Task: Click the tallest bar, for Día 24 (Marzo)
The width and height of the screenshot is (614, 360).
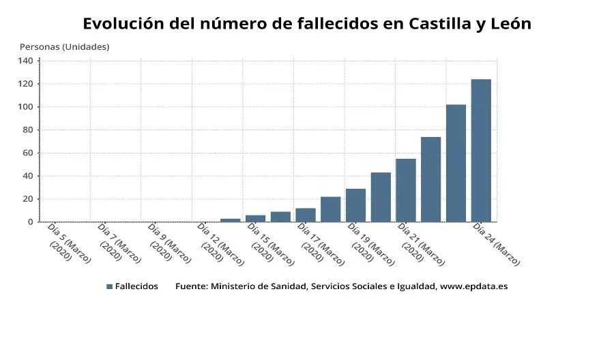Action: pyautogui.click(x=481, y=151)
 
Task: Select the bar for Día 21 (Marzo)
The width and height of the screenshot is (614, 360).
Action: pyautogui.click(x=405, y=190)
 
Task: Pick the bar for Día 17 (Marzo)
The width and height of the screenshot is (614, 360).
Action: pyautogui.click(x=305, y=215)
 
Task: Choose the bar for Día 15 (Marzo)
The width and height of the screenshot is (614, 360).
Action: pyautogui.click(x=255, y=218)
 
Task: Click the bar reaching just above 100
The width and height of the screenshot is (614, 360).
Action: pyautogui.click(x=456, y=163)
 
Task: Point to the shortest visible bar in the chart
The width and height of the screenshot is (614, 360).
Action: pyautogui.click(x=230, y=220)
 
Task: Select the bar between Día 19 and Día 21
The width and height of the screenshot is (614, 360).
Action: pyautogui.click(x=381, y=197)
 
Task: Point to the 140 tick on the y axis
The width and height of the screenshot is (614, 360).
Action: pyautogui.click(x=25, y=61)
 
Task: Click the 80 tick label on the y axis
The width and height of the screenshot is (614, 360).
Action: pyautogui.click(x=27, y=130)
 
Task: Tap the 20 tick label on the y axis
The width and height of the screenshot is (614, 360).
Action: pyautogui.click(x=27, y=199)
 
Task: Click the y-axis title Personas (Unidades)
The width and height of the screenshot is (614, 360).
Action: pyautogui.click(x=64, y=47)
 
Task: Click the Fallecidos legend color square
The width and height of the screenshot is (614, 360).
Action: pyautogui.click(x=109, y=286)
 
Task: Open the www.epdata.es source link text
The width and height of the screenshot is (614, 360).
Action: pyautogui.click(x=473, y=286)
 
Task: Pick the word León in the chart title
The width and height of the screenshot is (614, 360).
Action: pyautogui.click(x=506, y=24)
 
